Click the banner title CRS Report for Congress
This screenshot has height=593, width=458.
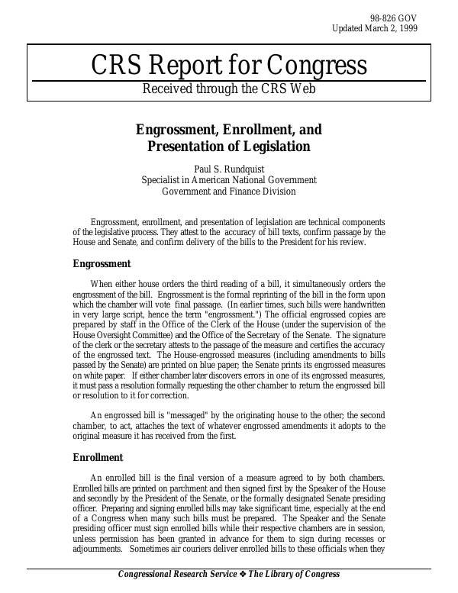point(229,66)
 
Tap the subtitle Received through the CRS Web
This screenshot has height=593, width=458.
point(229,89)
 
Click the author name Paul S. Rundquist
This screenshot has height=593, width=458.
point(229,169)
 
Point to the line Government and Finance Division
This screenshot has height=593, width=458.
point(229,191)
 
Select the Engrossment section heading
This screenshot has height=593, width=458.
point(102,264)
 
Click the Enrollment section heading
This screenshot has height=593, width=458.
point(98,457)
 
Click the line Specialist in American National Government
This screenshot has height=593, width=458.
point(229,180)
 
